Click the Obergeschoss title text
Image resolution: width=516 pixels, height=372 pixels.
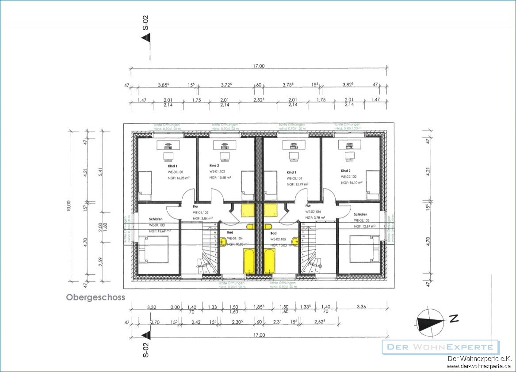(96, 297)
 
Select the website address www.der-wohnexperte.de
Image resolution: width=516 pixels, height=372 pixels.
(479, 366)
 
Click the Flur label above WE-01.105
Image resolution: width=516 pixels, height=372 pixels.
(195, 206)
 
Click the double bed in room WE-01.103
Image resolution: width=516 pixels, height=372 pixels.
(153, 249)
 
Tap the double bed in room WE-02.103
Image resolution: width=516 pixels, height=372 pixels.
(365, 249)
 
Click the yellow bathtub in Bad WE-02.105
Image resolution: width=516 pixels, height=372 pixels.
(269, 261)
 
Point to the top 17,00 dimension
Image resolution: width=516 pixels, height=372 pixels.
(259, 66)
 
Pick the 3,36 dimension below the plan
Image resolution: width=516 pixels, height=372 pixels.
(361, 307)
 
